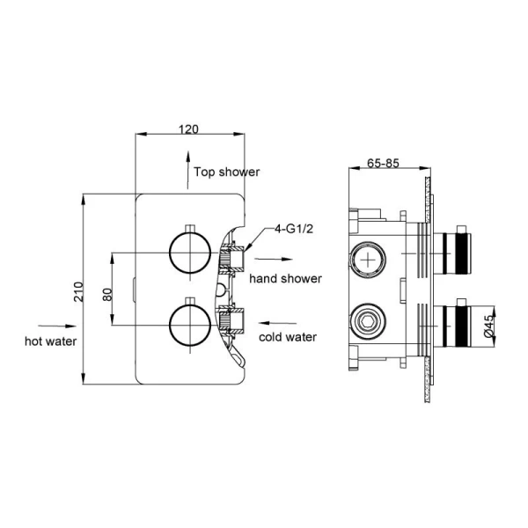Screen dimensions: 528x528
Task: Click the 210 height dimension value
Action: [77, 291]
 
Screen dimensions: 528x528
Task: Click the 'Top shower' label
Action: [226, 172]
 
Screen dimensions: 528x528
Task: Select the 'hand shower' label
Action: [284, 279]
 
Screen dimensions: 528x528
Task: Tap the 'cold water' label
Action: [287, 337]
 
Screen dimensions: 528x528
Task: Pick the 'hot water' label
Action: [51, 340]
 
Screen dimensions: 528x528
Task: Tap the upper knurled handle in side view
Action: [460, 252]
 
